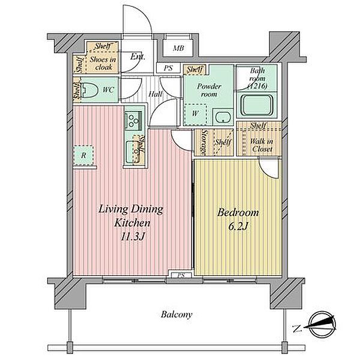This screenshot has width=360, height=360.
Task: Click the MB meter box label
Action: click(178, 48)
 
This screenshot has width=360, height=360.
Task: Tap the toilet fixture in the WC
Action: click(90, 89)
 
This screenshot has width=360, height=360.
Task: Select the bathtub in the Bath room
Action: click(256, 105)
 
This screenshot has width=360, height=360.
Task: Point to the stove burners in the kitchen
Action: click(133, 121)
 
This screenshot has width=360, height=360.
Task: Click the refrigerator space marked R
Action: click(83, 155)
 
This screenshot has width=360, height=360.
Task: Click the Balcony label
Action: click(176, 314)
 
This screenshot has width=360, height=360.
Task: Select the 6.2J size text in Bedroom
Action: click(238, 227)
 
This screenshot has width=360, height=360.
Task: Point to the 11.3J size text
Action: click(132, 236)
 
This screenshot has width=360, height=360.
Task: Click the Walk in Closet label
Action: click(262, 145)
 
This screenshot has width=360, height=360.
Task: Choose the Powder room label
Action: click(209, 90)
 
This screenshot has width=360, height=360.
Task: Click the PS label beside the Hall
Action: click(168, 68)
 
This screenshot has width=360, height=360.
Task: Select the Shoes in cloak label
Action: click(103, 63)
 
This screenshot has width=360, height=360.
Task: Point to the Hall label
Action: click(155, 94)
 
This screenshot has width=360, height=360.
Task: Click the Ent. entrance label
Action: click(138, 56)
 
